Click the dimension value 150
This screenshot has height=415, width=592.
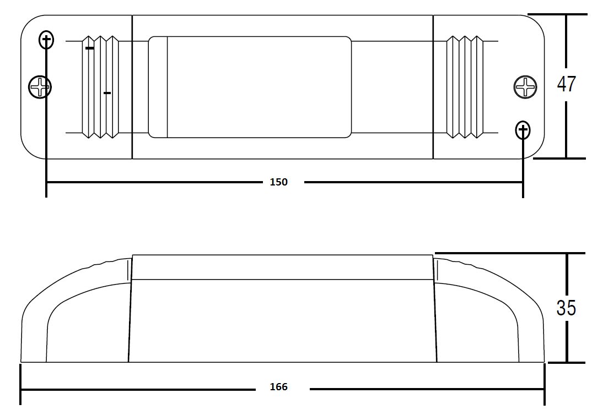click(278, 182)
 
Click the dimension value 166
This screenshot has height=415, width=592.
click(278, 387)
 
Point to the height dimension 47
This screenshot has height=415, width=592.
click(566, 84)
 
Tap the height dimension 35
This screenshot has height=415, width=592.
click(566, 308)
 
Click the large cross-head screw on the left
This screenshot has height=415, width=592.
click(40, 87)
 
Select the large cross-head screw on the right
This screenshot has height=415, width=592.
click(525, 87)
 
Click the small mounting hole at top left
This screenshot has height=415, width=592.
click(46, 39)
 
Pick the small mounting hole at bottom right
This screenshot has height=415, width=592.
click(523, 130)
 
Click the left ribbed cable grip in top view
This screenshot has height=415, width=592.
click(100, 87)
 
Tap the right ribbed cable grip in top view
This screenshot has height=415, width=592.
click(465, 87)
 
